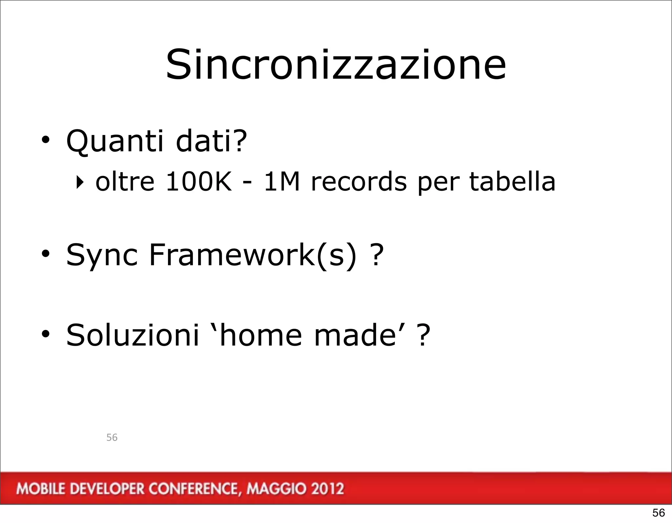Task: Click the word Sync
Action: pos(102,255)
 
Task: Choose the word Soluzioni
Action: pos(133,335)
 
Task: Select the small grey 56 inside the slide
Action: pos(112,437)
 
